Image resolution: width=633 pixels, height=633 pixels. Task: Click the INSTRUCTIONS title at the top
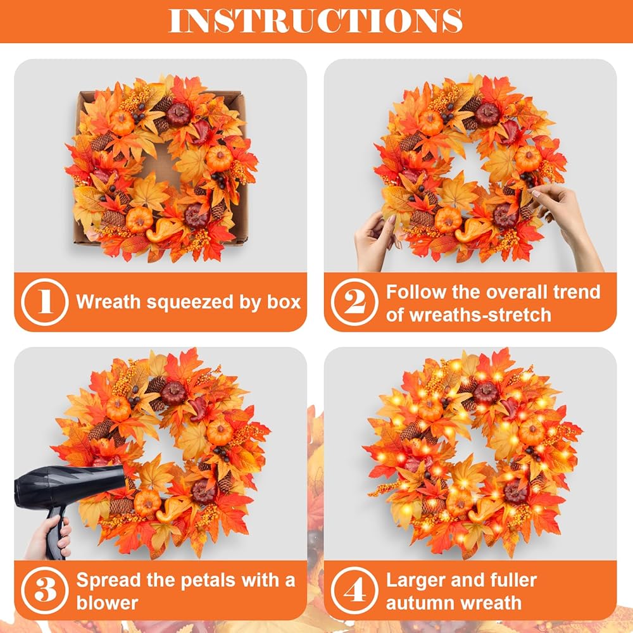tap(315, 20)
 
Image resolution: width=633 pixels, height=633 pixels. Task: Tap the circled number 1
tap(44, 302)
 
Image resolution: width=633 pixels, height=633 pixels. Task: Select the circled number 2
tap(354, 302)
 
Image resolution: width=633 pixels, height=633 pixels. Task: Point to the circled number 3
tap(44, 590)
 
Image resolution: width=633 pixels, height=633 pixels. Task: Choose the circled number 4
tap(354, 590)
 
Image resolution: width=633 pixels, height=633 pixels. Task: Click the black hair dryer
tap(68, 496)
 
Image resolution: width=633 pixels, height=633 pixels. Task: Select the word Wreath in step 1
tap(108, 302)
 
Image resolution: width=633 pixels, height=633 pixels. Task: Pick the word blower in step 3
tap(107, 603)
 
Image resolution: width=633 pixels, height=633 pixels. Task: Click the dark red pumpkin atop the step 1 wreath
tap(179, 115)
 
